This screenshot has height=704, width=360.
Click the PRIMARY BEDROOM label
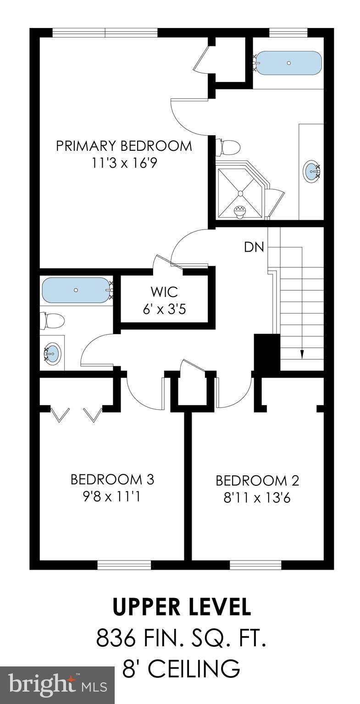(124, 146)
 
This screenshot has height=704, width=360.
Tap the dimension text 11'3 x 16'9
(124, 163)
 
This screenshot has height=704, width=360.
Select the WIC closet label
(164, 291)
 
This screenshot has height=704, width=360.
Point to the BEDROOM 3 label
(112, 479)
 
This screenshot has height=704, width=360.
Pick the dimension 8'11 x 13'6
(257, 498)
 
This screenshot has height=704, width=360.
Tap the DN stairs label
(254, 247)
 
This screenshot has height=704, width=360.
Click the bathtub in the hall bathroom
(76, 290)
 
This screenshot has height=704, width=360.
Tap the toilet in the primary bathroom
(228, 148)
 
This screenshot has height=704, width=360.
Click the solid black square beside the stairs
(266, 352)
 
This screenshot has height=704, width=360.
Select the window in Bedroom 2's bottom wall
(255, 565)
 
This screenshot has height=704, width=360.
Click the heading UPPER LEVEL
(182, 607)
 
